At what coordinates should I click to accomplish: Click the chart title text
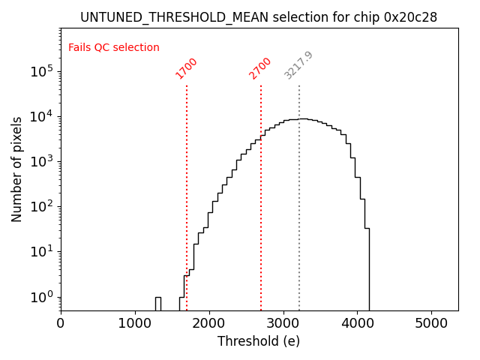tap(259, 17)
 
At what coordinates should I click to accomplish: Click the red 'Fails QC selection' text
tap(114, 48)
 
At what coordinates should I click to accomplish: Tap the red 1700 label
tap(186, 68)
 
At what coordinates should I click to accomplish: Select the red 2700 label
tap(260, 68)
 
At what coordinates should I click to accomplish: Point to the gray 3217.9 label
tap(298, 66)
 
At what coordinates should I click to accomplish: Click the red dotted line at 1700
tap(187, 187)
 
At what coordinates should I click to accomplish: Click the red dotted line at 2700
tap(261, 187)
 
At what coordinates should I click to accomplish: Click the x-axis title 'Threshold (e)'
tap(259, 341)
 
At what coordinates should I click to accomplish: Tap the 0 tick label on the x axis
tap(61, 324)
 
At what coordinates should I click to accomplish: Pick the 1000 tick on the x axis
tap(135, 324)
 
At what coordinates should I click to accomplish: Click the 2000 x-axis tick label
tap(209, 324)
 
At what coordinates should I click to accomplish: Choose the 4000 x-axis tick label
tap(358, 324)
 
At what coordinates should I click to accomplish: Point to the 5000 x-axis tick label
tap(431, 324)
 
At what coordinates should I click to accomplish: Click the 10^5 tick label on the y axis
tap(41, 71)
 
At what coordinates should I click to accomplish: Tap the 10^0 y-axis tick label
tap(41, 296)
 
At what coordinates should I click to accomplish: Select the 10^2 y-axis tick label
tap(41, 206)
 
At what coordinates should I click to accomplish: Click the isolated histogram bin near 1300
tap(158, 303)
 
